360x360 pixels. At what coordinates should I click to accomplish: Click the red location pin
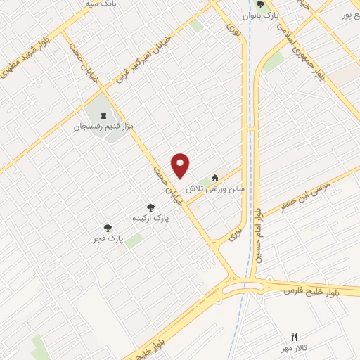[181, 165]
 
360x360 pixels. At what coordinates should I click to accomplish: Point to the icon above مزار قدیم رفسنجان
[104, 115]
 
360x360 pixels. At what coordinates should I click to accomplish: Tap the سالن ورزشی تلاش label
[214, 189]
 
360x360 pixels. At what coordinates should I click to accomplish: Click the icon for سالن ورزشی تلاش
[215, 178]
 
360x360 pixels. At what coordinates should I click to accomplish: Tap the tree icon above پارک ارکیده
[150, 207]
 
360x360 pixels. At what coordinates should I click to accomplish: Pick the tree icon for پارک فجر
[108, 228]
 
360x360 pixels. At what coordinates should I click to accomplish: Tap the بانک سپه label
[99, 4]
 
